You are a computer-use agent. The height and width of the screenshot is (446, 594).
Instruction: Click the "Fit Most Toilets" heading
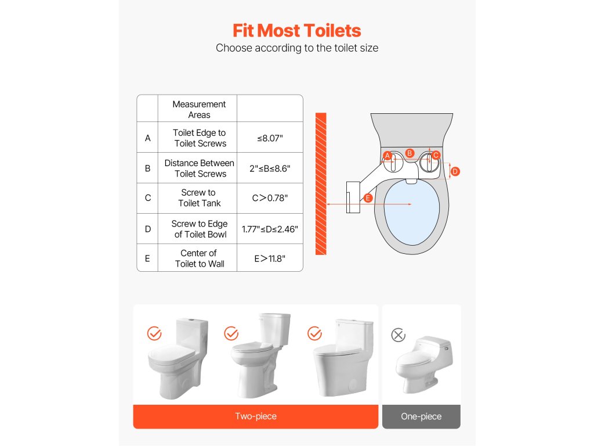[296, 31]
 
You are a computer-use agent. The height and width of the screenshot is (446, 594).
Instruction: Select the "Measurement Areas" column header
[199, 109]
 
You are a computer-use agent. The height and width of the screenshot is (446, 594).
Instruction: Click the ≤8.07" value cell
[270, 138]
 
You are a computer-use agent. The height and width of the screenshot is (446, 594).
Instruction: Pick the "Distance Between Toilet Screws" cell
[200, 168]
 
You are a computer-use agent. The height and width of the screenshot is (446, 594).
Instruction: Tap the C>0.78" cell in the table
[270, 198]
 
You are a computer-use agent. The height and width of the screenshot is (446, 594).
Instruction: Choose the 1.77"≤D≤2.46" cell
[270, 229]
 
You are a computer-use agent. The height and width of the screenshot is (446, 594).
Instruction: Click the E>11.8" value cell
[270, 258]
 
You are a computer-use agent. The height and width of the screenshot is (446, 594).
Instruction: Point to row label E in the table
[147, 258]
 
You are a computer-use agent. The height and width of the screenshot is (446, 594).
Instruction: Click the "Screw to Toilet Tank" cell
[199, 198]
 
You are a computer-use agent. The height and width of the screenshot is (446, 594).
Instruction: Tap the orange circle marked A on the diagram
[387, 156]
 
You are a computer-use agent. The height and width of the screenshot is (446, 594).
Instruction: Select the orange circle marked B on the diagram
[410, 153]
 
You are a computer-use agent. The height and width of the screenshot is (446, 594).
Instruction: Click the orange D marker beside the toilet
[455, 171]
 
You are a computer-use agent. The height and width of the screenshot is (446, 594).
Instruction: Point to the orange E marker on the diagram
[368, 198]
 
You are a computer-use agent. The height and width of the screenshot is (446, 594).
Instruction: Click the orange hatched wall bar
[321, 184]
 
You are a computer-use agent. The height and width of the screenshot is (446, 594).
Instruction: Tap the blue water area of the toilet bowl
[412, 213]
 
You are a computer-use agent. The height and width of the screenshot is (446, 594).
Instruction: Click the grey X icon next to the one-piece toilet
[398, 335]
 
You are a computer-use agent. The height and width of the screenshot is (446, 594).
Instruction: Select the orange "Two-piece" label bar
[256, 416]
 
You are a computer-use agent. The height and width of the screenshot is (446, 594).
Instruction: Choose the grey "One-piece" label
[421, 416]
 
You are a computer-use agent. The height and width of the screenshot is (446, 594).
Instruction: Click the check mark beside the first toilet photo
[154, 333]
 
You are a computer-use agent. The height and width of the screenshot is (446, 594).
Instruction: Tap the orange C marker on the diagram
[436, 155]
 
